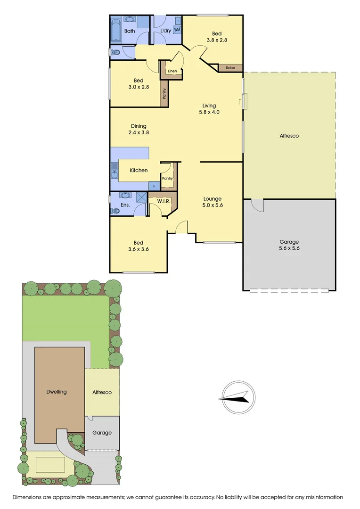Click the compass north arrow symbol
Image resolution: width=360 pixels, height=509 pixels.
[234, 397]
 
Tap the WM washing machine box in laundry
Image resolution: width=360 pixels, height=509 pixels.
[177, 29]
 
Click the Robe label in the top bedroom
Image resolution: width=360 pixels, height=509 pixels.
[230, 68]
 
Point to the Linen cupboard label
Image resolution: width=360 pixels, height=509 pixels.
[172, 71]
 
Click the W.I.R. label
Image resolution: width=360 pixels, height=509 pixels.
[164, 202]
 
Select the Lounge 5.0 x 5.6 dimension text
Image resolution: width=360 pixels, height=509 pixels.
[212, 202]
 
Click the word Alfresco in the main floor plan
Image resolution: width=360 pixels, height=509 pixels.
[289, 136]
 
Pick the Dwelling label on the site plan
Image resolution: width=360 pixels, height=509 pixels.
[57, 392]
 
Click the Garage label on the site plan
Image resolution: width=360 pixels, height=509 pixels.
[102, 433]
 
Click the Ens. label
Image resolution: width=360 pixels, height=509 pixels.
[125, 205]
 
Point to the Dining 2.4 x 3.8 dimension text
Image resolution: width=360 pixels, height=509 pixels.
[139, 130]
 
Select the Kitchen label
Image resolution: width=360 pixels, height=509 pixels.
[139, 170]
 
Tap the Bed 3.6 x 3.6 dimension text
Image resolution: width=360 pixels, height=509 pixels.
[139, 246]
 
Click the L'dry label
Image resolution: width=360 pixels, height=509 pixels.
[165, 31]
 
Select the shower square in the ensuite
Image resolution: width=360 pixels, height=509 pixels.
[142, 197]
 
